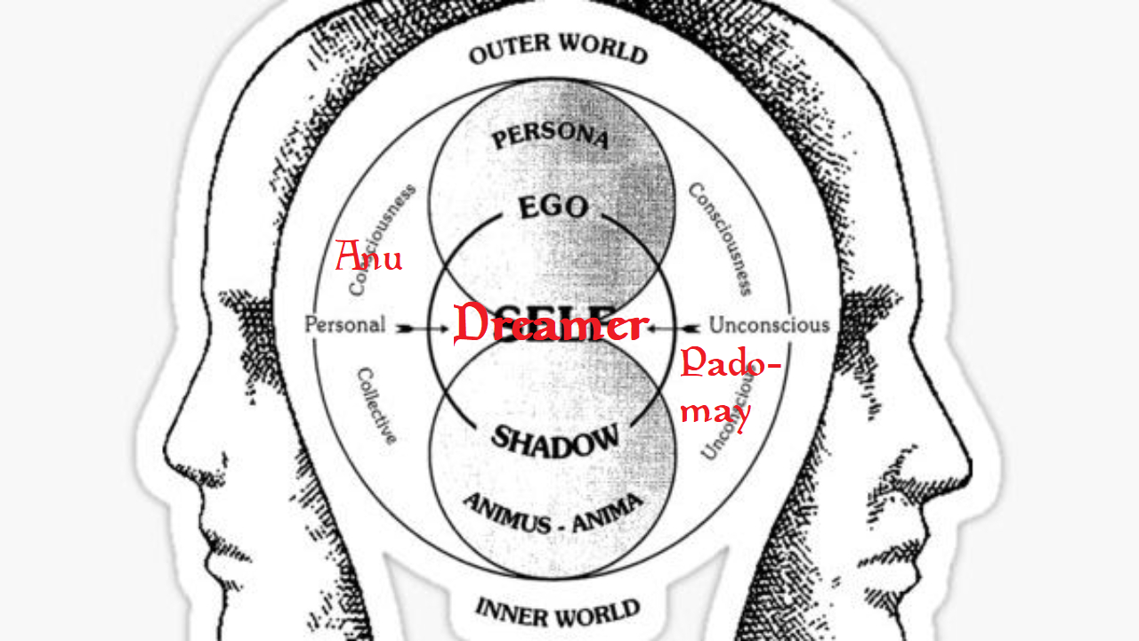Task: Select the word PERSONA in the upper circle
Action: [551, 137]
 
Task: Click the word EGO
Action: [553, 208]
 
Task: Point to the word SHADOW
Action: [555, 439]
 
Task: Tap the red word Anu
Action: [368, 258]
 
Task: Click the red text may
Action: [716, 411]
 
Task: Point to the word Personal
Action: [344, 325]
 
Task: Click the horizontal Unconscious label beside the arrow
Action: [769, 325]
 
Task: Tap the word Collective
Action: [376, 405]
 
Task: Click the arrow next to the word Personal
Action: [419, 327]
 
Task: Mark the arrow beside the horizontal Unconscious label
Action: [676, 327]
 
